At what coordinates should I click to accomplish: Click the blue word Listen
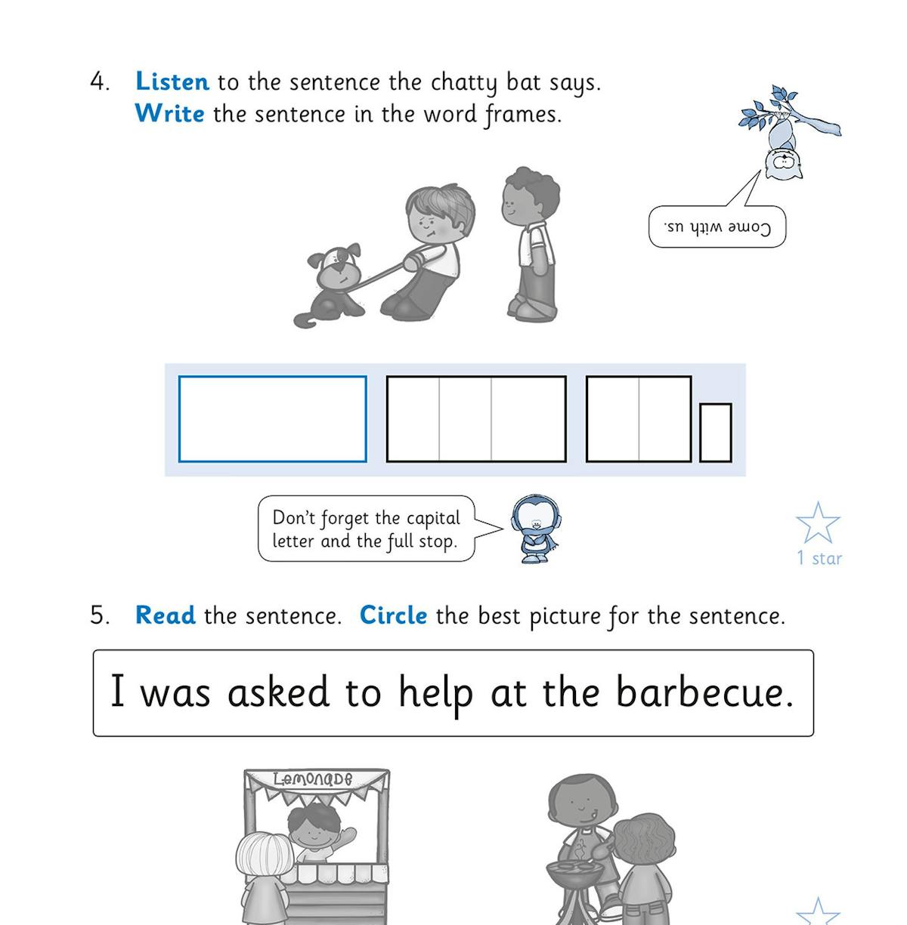[172, 82]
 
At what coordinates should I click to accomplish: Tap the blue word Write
[169, 114]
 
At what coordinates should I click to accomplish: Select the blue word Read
[165, 615]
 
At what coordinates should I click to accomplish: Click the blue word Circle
[393, 615]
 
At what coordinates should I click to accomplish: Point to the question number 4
[98, 82]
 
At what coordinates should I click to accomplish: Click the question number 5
[99, 615]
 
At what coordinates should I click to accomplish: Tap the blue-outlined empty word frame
[272, 418]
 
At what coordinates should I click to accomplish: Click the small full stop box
[715, 432]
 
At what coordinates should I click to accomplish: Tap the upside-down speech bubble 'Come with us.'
[717, 227]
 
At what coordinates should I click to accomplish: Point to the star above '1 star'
[818, 523]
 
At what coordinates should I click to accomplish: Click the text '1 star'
[819, 559]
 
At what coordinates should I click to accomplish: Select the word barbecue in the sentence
[704, 692]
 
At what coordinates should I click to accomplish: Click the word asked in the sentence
[278, 692]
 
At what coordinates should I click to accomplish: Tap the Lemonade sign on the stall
[317, 779]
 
